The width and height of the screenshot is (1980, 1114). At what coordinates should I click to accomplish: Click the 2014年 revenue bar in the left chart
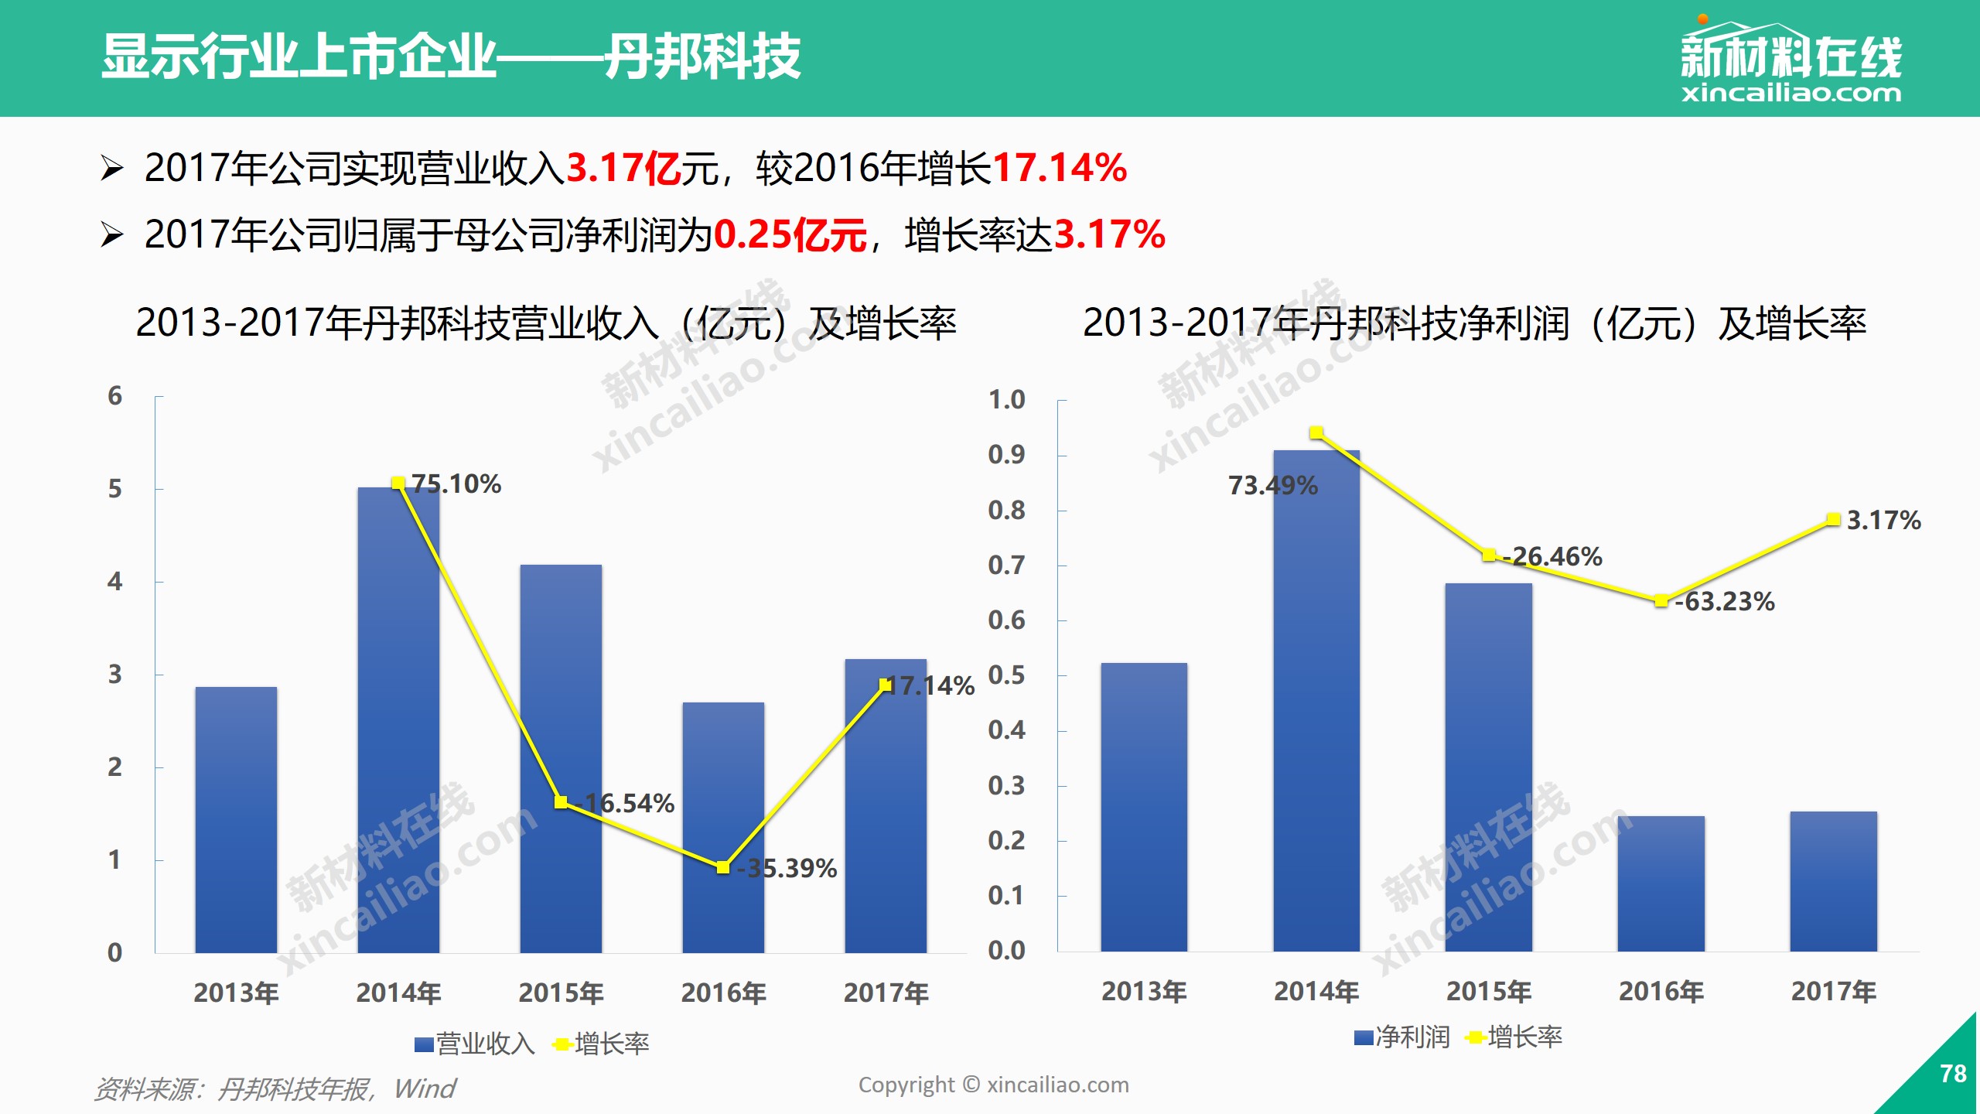point(398,719)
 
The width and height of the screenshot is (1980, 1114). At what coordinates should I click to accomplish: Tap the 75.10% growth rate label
point(456,484)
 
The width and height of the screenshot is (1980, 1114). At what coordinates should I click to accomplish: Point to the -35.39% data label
point(787,868)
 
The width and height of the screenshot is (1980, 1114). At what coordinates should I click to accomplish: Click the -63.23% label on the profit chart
point(1725,601)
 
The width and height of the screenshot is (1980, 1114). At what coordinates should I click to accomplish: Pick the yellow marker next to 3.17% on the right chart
point(1833,519)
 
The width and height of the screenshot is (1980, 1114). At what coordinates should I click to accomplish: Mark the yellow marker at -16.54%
point(561,802)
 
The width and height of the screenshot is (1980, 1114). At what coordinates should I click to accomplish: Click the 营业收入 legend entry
point(475,1044)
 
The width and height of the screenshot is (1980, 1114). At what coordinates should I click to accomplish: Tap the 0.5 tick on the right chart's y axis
point(1006,675)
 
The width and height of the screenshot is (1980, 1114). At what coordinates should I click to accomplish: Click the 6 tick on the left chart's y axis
point(114,396)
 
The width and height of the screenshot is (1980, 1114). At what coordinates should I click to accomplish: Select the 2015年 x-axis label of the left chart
point(561,993)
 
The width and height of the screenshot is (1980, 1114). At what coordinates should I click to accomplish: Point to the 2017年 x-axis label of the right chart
point(1833,991)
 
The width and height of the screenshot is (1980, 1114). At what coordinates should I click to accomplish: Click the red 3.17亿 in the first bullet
point(623,168)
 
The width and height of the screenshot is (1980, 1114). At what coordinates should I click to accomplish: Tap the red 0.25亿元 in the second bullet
point(790,234)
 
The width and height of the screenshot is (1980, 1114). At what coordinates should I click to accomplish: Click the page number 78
point(1953,1074)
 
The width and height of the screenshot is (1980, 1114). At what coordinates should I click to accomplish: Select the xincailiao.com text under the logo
point(1791,94)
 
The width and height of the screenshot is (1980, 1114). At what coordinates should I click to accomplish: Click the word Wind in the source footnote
point(425,1088)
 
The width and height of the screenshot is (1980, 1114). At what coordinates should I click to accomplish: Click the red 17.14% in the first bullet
point(1060,168)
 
